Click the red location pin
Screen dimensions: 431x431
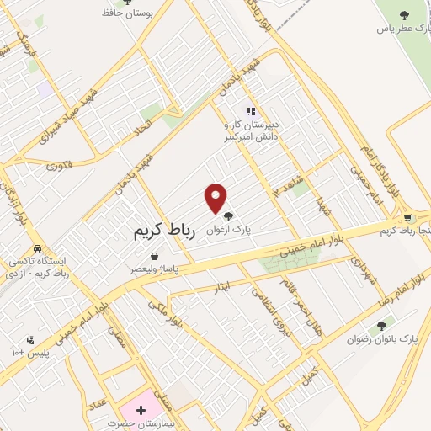(216, 197)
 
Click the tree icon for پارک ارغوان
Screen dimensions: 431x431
(228, 217)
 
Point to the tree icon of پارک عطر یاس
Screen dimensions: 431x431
(403, 14)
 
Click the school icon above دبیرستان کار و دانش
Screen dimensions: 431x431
(250, 110)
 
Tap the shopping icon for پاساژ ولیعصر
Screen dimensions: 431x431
(154, 257)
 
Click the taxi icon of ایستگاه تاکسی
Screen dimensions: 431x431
(38, 249)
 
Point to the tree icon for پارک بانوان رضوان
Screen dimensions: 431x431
(382, 326)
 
